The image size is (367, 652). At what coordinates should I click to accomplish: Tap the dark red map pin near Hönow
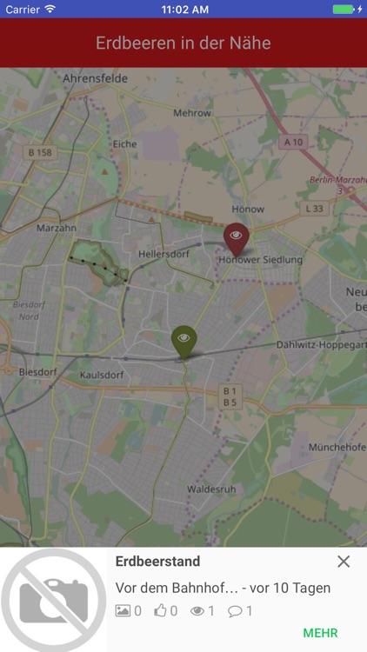pos(236,236)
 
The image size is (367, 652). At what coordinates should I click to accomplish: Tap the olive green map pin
pos(183,340)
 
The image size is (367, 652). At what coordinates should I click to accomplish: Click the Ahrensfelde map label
pos(96,78)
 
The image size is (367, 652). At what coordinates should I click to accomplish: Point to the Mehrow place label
pos(192,113)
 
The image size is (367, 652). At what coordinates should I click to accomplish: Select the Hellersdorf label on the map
pos(163,254)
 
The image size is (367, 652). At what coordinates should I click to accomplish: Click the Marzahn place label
pos(57,228)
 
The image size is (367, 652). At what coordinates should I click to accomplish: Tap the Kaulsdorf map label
pos(102,376)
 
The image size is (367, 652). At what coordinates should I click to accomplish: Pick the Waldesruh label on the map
pos(210,489)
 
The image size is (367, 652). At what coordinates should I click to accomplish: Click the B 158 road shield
pos(40,153)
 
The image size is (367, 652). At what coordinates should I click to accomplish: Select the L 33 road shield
pos(314,209)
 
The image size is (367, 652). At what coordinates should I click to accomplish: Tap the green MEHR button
pos(320,633)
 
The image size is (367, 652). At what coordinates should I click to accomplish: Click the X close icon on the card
pos(344,562)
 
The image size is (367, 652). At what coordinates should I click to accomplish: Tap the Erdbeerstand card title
pos(157,562)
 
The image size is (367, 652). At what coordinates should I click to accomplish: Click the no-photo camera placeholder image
pos(53,600)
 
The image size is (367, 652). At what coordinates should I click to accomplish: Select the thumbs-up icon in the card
pos(160,611)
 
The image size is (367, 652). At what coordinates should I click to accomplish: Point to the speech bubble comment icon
pos(235,611)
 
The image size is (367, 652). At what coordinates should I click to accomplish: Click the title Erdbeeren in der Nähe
pos(183,43)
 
